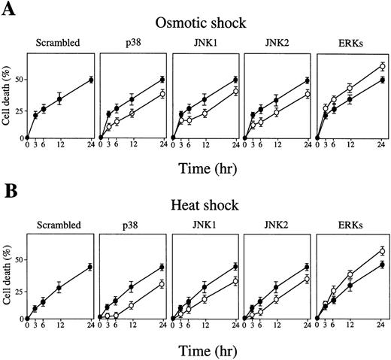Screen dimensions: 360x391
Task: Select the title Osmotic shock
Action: (205, 21)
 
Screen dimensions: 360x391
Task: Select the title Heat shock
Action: (205, 204)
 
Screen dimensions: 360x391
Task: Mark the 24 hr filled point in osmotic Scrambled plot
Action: (92, 80)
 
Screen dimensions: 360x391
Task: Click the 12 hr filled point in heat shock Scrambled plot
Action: (59, 288)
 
